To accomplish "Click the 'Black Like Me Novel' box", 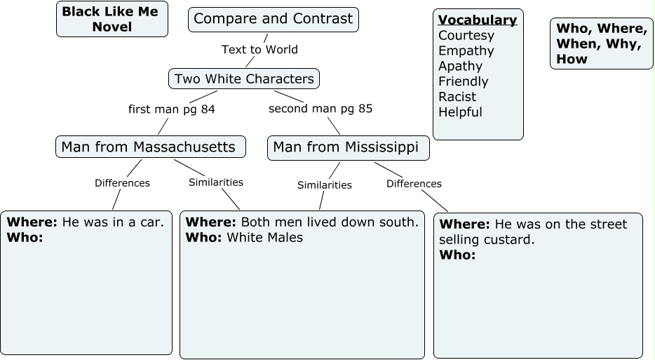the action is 112,19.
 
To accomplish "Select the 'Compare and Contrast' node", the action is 273,19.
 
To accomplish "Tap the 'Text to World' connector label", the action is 259,49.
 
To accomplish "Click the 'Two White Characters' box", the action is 244,79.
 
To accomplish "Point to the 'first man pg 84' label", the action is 171,109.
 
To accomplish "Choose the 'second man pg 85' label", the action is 320,109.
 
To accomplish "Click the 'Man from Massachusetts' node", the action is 150,147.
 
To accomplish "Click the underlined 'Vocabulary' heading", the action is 478,20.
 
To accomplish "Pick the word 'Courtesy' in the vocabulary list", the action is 466,35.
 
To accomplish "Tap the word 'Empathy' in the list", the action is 466,51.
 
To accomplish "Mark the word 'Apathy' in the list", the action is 461,66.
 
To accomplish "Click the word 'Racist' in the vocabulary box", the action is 457,97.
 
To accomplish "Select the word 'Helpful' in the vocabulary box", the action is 461,112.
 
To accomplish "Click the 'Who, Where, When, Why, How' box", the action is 601,44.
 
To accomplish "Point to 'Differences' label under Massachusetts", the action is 122,183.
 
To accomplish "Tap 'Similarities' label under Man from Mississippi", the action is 324,185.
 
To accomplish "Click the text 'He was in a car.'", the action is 113,222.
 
